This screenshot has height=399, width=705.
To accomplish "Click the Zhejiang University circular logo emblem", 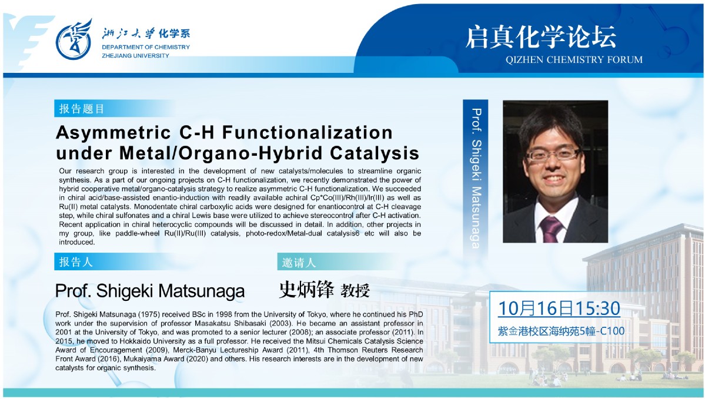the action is click(x=73, y=41).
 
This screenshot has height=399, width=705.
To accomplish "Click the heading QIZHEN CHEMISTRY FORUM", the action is click(x=574, y=60).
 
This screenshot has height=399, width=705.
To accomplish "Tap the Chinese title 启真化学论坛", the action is click(x=540, y=37).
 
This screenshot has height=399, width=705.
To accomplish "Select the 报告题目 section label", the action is click(x=81, y=109).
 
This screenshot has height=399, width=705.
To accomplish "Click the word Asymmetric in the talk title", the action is click(x=113, y=133).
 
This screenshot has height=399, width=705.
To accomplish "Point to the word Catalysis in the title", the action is click(x=375, y=153).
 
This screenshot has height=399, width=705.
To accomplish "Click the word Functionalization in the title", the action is click(x=308, y=133).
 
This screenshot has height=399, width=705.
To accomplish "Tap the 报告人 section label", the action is click(x=75, y=262).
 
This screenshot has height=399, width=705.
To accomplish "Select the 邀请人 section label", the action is click(x=299, y=263).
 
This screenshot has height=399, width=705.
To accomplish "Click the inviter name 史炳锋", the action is click(x=306, y=289).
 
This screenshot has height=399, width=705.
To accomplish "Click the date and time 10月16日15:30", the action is click(x=559, y=309).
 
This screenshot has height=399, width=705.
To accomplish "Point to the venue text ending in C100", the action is click(x=561, y=331).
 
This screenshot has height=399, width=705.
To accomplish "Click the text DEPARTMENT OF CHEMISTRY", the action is click(x=146, y=47).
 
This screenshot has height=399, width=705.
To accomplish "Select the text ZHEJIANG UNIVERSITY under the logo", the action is click(x=135, y=56).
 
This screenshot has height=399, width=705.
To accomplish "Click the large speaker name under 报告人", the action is click(x=150, y=291).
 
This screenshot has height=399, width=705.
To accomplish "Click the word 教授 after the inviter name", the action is click(x=355, y=291).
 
